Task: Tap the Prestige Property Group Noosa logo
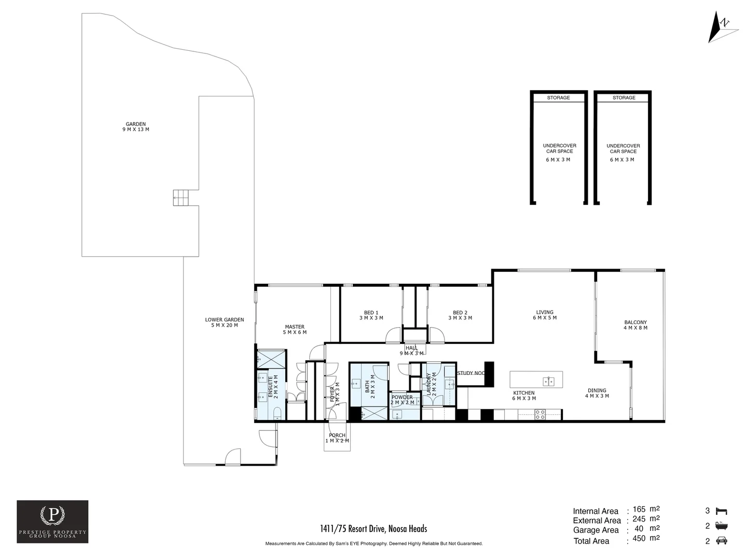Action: click(x=52, y=522)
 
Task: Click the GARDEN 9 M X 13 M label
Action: click(x=135, y=127)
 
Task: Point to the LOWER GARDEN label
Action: click(x=224, y=323)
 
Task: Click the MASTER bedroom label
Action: click(x=295, y=329)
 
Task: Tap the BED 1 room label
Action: click(x=371, y=315)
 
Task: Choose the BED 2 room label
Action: click(x=460, y=315)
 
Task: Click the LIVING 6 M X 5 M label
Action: click(x=544, y=315)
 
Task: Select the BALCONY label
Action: click(x=635, y=325)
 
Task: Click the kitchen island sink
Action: click(x=549, y=382)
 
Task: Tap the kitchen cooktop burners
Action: click(x=540, y=414)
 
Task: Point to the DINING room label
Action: click(x=597, y=393)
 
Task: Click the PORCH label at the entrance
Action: click(x=337, y=438)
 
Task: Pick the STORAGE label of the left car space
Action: click(x=558, y=97)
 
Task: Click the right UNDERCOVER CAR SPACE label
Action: click(x=623, y=149)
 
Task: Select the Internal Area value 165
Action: click(x=639, y=510)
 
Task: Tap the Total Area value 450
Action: click(x=639, y=539)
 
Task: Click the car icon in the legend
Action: click(x=721, y=541)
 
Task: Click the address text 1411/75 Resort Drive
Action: click(x=374, y=529)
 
